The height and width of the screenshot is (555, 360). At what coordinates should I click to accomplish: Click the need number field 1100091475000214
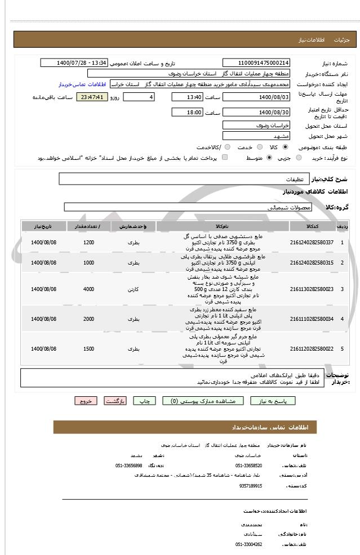[256, 62]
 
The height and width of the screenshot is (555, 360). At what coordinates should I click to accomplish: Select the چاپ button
[145, 401]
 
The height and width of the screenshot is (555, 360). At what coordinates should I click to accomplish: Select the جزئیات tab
[342, 40]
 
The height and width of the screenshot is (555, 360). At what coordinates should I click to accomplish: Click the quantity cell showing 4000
[88, 289]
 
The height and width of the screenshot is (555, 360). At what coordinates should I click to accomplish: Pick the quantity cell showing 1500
[88, 349]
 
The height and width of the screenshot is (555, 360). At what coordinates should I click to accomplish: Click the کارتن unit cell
[133, 289]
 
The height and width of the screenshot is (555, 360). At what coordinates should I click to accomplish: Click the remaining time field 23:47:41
[91, 97]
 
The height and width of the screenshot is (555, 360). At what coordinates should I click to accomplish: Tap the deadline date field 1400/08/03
[256, 97]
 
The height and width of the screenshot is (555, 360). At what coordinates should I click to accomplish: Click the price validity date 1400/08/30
[256, 113]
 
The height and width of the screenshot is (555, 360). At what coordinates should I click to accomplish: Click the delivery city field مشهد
[256, 136]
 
